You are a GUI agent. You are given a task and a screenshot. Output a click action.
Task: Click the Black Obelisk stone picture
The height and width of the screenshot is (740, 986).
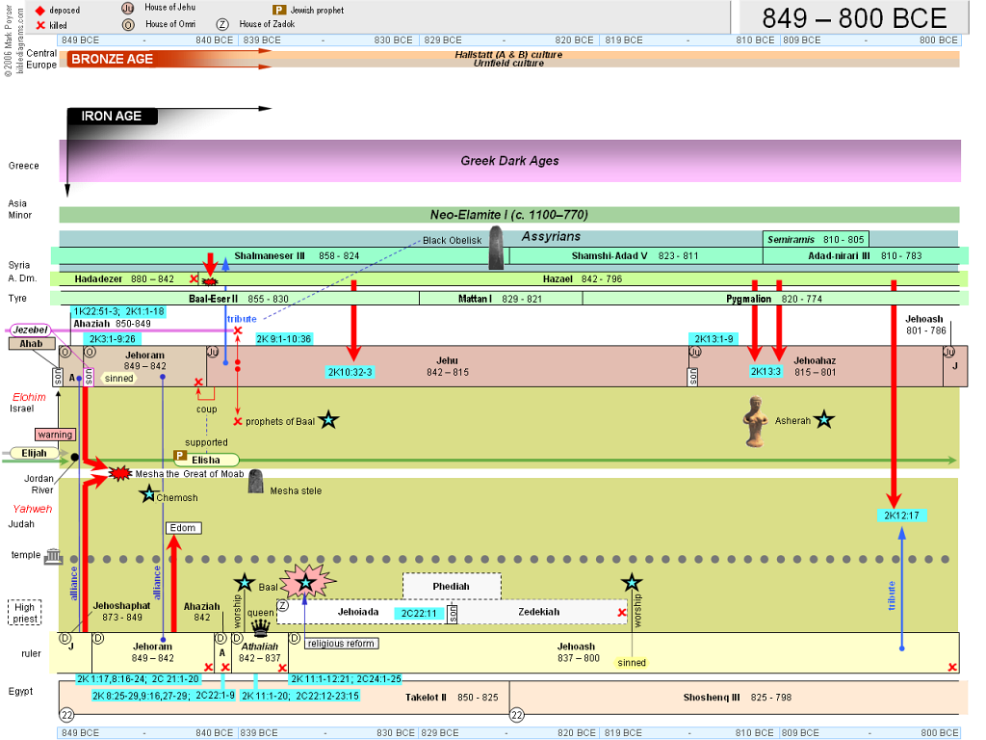click(496, 248)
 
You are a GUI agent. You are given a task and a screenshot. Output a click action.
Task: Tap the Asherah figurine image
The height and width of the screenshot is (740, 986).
click(754, 422)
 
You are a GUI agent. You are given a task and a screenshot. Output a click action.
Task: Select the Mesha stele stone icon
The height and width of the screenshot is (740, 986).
click(255, 482)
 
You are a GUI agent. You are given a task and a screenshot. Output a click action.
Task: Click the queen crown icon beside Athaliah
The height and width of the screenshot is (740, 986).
click(260, 627)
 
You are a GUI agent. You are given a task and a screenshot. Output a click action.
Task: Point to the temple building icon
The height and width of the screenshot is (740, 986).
click(54, 556)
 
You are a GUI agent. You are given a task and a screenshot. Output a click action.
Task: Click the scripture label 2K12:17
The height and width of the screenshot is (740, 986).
click(901, 515)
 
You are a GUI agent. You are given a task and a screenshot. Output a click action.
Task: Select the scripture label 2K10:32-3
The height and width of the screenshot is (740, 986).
click(350, 372)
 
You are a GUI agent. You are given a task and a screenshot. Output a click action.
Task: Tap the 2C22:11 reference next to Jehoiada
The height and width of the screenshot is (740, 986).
click(419, 613)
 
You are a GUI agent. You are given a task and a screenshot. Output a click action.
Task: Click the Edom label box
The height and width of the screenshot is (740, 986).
click(183, 528)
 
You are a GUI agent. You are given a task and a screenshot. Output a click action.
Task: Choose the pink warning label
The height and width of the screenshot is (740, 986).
click(55, 435)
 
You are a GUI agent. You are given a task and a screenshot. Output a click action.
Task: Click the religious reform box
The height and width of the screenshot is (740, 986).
click(342, 643)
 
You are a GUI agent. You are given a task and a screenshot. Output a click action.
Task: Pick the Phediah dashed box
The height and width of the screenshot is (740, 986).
click(452, 586)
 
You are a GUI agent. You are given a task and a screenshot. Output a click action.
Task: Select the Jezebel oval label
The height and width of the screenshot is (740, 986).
click(30, 330)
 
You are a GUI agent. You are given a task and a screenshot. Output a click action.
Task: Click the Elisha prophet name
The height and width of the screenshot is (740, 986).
click(206, 460)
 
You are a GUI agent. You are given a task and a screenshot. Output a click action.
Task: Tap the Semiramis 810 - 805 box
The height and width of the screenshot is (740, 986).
click(816, 239)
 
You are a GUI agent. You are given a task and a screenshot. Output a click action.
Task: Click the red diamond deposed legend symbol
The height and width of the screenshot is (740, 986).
click(40, 11)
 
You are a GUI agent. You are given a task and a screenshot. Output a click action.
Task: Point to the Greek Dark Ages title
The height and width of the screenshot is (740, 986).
click(509, 161)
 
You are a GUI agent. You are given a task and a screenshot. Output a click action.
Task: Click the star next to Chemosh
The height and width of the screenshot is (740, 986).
click(148, 494)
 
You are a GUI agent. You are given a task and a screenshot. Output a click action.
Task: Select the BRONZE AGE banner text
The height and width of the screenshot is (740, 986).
click(112, 59)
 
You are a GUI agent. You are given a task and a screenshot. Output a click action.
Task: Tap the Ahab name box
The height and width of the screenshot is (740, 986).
click(32, 344)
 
